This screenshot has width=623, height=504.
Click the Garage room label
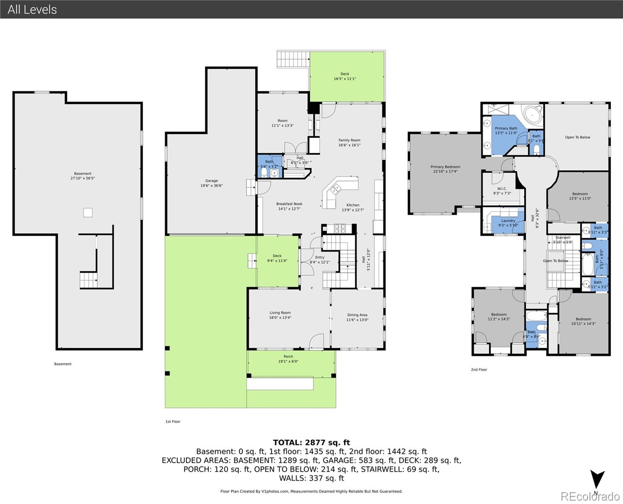[211, 183]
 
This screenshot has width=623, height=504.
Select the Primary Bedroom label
[445, 169]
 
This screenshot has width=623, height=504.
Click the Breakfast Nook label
[289, 206]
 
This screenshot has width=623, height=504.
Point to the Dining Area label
[357, 317]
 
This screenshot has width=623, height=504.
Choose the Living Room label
[280, 315]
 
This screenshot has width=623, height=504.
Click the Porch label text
[288, 359]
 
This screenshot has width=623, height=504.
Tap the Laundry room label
[508, 223]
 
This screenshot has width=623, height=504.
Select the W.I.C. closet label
[502, 191]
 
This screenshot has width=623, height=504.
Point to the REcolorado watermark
[589, 496]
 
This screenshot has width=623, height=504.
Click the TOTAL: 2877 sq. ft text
[311, 442]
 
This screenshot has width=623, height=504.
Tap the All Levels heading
[32, 9]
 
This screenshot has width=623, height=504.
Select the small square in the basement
[87, 213]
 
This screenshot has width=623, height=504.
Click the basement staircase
[88, 280]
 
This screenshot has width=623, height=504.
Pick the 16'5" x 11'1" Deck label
[345, 76]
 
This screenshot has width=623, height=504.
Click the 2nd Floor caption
[479, 370]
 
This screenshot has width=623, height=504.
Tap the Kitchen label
[353, 207]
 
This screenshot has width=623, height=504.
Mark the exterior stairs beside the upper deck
[293, 59]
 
